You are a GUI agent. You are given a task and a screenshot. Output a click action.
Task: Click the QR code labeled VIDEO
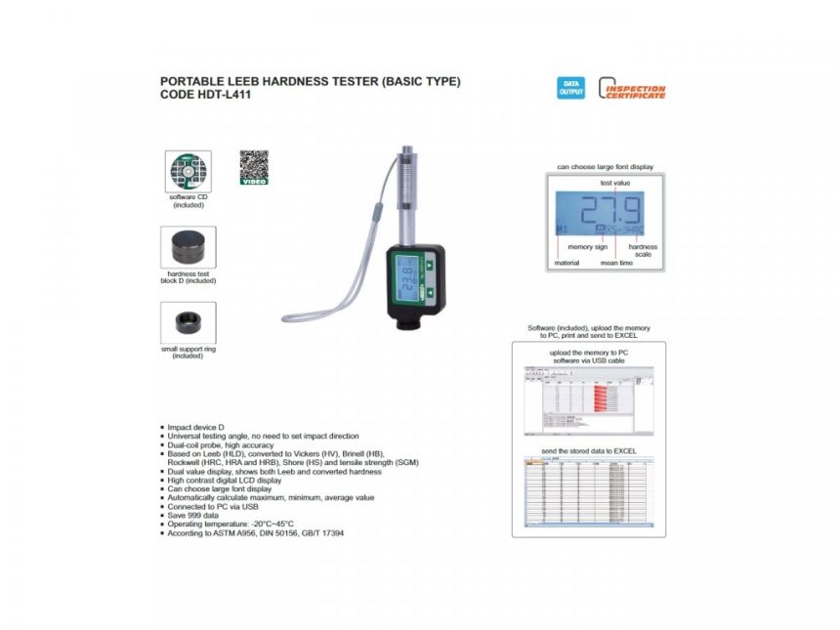click(253, 167)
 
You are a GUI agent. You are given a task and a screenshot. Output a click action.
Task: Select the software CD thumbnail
click(188, 171)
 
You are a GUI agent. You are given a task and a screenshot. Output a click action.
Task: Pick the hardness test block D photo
click(188, 248)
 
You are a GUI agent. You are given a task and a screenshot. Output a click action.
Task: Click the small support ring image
click(188, 322)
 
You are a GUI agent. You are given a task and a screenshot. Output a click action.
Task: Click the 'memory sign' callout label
click(587, 247)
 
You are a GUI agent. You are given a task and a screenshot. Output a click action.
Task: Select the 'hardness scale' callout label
click(643, 250)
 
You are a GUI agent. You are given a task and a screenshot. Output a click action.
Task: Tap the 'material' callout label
click(567, 263)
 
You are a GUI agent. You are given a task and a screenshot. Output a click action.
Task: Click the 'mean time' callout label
click(615, 263)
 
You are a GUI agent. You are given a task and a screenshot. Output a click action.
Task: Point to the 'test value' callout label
click(613, 183)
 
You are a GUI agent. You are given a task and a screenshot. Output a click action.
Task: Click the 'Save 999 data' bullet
click(194, 515)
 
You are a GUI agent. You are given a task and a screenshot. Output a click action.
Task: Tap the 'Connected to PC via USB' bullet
click(212, 506)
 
